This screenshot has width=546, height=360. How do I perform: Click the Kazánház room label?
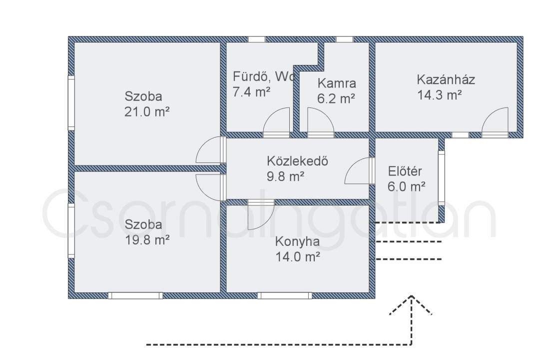446,80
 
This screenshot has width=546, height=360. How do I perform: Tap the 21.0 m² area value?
147,112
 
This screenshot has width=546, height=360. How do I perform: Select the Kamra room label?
337,83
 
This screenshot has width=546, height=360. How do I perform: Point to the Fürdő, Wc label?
264,76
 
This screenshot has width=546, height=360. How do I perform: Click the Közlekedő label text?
297,161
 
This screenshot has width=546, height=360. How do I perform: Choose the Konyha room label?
297,241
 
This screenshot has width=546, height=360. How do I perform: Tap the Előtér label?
405,171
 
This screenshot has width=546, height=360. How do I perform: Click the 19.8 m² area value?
147,240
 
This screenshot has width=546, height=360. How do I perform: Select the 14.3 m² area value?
440,95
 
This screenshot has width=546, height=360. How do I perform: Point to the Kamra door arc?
325,114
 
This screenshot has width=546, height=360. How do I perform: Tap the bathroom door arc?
272,114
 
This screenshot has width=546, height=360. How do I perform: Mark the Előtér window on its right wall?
442,177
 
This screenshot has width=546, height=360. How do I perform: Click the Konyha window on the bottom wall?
285,295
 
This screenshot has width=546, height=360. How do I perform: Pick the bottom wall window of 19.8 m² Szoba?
135,295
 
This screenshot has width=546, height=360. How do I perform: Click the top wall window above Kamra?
344,39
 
